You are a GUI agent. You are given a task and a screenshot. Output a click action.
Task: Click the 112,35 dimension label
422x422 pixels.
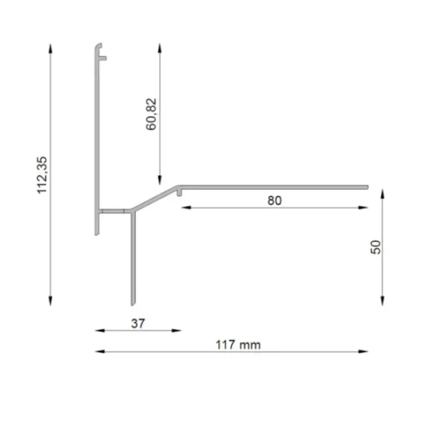click(x=42, y=175)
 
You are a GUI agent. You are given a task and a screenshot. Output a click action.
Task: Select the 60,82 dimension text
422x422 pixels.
click(x=151, y=114)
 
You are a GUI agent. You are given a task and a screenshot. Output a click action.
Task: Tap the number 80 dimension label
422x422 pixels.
click(x=274, y=200)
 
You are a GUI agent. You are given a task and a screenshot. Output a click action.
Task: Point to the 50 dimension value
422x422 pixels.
click(x=376, y=247)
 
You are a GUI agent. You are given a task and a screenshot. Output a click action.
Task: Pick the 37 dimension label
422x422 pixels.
click(x=138, y=323)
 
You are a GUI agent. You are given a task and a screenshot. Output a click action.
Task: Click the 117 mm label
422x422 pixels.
click(x=238, y=345)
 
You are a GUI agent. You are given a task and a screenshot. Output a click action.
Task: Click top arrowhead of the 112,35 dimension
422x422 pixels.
click(x=50, y=48)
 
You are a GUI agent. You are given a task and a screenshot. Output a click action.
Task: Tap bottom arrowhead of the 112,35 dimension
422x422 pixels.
click(x=50, y=301)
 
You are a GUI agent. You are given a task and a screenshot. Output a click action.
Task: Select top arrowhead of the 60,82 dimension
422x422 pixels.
click(x=160, y=48)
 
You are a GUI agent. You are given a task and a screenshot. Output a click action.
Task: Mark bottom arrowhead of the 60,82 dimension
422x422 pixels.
click(x=160, y=180)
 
